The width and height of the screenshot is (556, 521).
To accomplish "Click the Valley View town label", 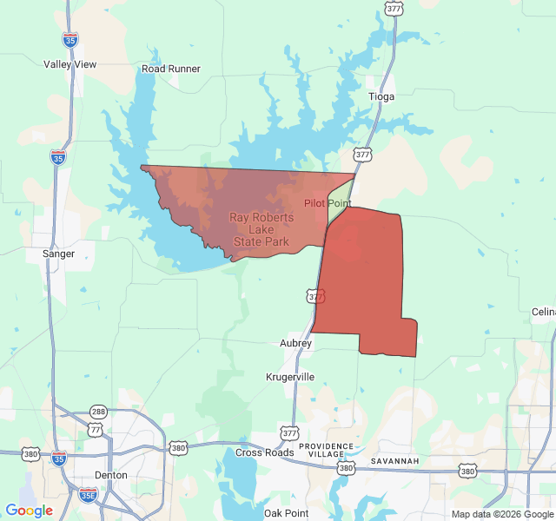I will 70,64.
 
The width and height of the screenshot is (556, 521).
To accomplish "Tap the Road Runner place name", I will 171,69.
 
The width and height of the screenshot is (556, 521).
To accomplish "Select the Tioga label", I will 381,96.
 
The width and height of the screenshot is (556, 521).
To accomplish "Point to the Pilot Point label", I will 328,203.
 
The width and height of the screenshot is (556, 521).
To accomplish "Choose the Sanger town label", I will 58,254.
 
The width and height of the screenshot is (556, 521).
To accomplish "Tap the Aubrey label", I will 295,343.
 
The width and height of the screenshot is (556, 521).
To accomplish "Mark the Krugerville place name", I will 290,377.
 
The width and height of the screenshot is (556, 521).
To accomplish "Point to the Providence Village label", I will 321,450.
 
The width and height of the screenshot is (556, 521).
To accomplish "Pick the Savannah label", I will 394,459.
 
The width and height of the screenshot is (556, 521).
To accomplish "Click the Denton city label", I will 110,475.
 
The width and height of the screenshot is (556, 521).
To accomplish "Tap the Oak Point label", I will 286,513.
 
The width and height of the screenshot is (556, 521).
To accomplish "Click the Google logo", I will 29,511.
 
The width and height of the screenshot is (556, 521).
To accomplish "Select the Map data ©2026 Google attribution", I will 502,514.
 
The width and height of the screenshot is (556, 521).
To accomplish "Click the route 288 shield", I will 98,412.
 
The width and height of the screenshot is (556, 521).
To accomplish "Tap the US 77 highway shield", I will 95,429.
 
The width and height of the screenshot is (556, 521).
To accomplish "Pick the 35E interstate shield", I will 88,494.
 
